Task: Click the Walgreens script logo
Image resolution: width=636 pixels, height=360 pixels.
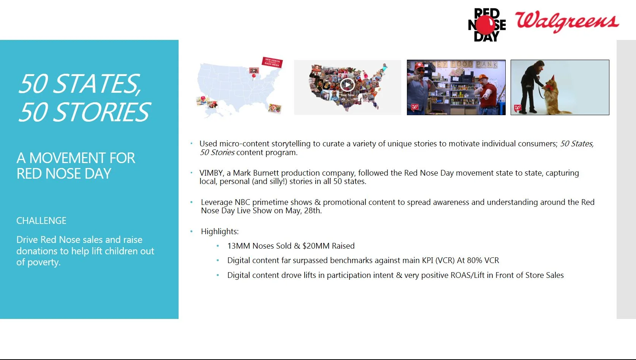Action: [567, 22]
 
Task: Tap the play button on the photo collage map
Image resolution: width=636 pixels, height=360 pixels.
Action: [347, 84]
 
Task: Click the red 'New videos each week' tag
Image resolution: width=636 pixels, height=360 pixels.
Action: [272, 62]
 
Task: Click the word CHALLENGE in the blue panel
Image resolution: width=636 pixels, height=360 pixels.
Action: [41, 220]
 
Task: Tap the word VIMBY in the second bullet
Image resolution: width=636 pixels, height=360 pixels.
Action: [211, 173]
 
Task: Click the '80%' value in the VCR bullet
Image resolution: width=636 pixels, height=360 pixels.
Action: [474, 260]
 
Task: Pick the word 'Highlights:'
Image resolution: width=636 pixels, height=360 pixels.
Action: [220, 232]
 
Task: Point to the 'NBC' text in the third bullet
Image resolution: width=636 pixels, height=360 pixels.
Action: [242, 202]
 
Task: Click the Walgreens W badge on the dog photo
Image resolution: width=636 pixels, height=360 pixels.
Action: [517, 108]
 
